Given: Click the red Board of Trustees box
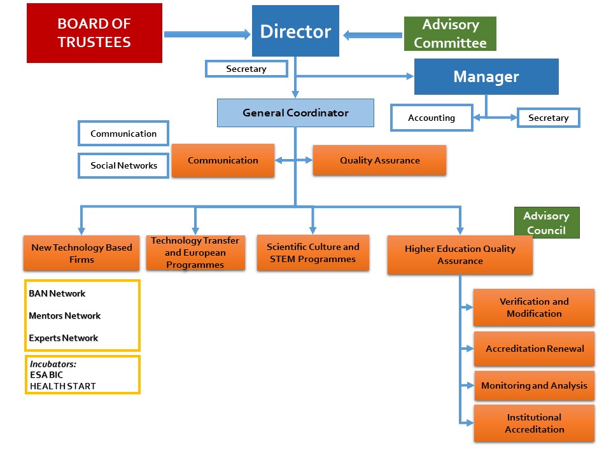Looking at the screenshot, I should pos(94,33).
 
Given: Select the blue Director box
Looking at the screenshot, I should pos(295,31).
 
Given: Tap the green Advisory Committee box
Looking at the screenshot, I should pos(450,34).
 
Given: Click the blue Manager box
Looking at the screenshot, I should pos(486,77).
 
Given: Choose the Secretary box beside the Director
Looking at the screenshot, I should pos(246,69).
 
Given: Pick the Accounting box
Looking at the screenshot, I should pos(432,118).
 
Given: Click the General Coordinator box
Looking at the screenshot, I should pos(295,113).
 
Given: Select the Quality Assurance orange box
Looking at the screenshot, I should pos(379,160).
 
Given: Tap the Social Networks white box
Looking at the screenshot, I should pos(123,165).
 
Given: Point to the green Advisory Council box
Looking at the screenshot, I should pos(546,223).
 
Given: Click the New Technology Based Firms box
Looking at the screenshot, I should pos(81,253).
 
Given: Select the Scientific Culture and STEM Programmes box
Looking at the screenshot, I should pos(313,253).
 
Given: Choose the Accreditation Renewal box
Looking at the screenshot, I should pos(534,349).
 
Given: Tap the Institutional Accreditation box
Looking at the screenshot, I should pos(534,423).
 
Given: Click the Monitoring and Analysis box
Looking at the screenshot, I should pos(534,385).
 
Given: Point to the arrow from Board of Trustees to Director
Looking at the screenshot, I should pos(207,34).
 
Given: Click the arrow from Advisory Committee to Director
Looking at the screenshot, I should pos(373,35).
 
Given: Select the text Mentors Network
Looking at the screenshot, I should pos(65,316).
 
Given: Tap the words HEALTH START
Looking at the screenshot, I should pos(63,385).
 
